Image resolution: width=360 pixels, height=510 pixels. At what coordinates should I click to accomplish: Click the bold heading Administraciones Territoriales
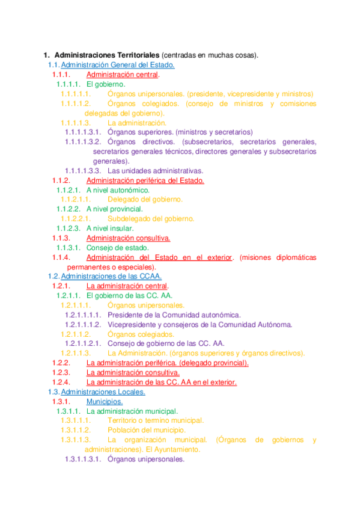click(x=103, y=56)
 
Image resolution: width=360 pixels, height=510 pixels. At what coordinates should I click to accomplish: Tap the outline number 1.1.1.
click(x=62, y=75)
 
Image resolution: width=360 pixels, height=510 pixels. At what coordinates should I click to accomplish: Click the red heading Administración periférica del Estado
click(x=145, y=180)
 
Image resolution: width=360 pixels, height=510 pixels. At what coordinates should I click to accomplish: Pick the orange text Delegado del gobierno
click(x=145, y=199)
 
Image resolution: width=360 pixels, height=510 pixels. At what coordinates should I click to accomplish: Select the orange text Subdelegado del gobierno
click(x=151, y=218)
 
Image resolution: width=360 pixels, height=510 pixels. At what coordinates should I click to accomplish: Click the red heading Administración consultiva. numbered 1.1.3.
click(x=128, y=238)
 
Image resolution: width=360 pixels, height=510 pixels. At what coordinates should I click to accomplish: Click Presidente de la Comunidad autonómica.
click(x=174, y=315)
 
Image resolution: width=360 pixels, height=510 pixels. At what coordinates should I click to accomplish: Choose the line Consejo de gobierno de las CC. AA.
click(x=166, y=343)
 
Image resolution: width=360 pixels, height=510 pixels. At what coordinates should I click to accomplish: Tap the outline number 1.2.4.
click(x=62, y=382)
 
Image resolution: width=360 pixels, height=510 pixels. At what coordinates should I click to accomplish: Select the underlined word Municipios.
click(x=105, y=401)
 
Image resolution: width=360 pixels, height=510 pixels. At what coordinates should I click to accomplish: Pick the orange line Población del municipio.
click(x=147, y=430)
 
